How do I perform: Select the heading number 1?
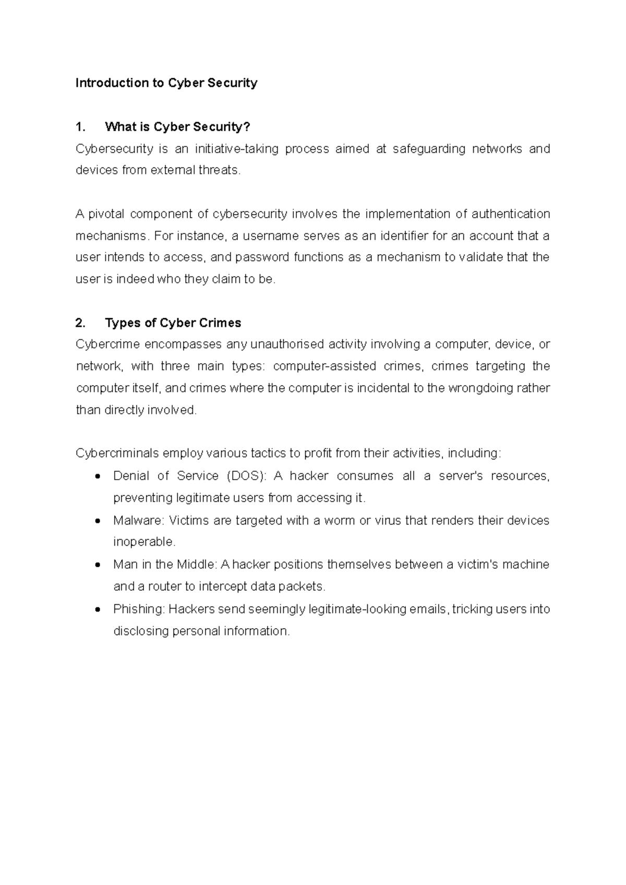80,127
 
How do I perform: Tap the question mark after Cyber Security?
247,127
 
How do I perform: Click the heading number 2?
80,323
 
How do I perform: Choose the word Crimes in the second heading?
220,323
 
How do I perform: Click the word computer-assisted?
324,366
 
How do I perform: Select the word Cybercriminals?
117,453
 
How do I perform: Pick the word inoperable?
144,542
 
